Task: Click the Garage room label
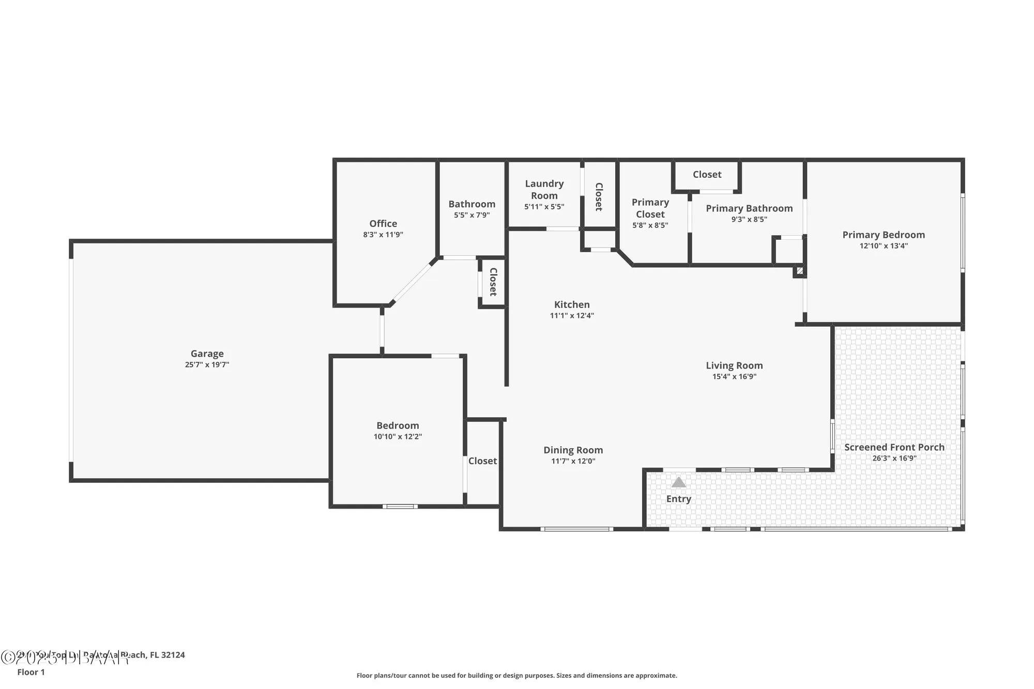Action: click(207, 354)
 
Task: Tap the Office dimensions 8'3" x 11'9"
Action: click(383, 235)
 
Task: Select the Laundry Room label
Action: click(544, 189)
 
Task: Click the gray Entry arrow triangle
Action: click(678, 483)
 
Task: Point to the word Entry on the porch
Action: click(678, 499)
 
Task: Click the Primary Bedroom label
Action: click(883, 235)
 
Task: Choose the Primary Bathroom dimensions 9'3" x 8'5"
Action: click(749, 219)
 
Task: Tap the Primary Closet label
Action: click(650, 208)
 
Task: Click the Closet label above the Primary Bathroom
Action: click(707, 175)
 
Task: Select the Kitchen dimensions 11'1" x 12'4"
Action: click(571, 316)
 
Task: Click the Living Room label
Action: click(734, 365)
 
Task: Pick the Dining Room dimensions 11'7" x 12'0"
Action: click(573, 461)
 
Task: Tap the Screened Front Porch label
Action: click(894, 447)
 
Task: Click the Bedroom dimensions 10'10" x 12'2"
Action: click(398, 437)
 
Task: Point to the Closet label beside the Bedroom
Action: click(482, 461)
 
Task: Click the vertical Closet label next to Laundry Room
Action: click(599, 196)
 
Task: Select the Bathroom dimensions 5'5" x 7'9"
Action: click(472, 215)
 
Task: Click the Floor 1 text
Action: click(31, 672)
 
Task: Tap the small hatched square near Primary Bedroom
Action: click(800, 270)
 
